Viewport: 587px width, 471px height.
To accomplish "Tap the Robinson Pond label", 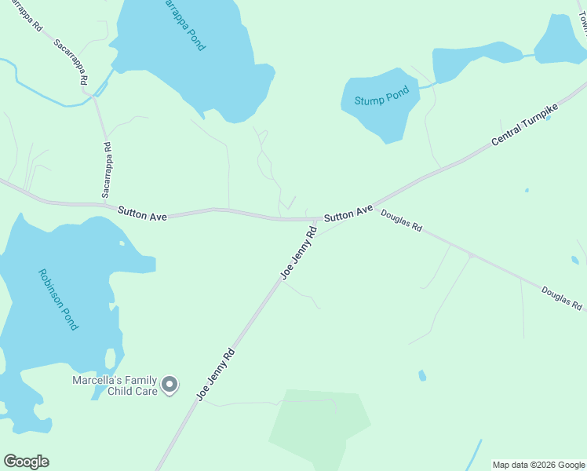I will (58, 299).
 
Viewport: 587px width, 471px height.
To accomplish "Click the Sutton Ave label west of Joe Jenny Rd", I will (142, 212).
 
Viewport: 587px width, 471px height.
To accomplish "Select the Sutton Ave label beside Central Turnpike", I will (348, 213).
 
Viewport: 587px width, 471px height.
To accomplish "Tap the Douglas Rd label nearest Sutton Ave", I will (402, 221).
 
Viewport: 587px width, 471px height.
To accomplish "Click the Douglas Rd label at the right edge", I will (561, 298).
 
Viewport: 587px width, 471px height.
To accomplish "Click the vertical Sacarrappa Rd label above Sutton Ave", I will (107, 170).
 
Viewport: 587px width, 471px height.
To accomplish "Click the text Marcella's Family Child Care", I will (115, 385).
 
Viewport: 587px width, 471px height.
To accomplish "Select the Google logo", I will (26, 462).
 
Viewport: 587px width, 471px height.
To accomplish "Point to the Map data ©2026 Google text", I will (538, 465).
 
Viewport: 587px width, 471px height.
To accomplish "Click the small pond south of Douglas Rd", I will (422, 375).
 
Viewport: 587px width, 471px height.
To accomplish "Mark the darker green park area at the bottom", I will (318, 428).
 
